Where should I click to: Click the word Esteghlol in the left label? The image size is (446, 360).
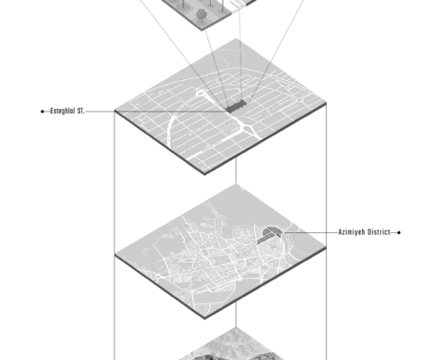pyautogui.click(x=63, y=111)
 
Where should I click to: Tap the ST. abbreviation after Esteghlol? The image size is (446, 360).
pyautogui.click(x=81, y=111)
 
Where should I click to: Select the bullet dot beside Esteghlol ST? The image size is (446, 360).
pyautogui.click(x=42, y=112)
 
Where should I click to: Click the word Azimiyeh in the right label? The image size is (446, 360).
pyautogui.click(x=350, y=232)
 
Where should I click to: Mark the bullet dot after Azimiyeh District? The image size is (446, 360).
pyautogui.click(x=399, y=232)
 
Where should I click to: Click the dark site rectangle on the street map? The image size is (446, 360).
pyautogui.click(x=236, y=107)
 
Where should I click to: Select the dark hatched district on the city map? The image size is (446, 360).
pyautogui.click(x=269, y=235)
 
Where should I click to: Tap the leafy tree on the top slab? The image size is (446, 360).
pyautogui.click(x=200, y=15)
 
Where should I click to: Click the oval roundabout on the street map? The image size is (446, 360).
pyautogui.click(x=200, y=93)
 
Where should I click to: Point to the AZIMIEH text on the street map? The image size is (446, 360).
pyautogui.click(x=201, y=130)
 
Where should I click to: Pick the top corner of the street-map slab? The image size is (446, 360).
pyautogui.click(x=236, y=38)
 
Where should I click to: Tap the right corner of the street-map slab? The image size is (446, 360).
pyautogui.click(x=326, y=103)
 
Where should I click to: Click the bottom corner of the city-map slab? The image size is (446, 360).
pyautogui.click(x=205, y=319)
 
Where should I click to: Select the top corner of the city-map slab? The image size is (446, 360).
pyautogui.click(x=236, y=184)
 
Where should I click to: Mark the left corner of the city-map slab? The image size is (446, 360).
pyautogui.click(x=114, y=255)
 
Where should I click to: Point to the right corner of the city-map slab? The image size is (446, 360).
pyautogui.click(x=326, y=247)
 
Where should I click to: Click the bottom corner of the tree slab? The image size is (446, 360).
pyautogui.click(x=203, y=31)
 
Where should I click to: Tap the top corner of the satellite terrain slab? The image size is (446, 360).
pyautogui.click(x=236, y=327)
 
